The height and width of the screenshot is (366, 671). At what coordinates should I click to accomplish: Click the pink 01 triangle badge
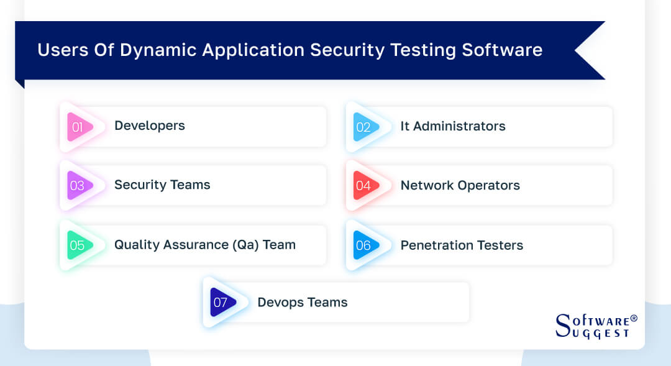[79, 127]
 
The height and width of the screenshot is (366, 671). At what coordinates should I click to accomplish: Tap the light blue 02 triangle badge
[365, 127]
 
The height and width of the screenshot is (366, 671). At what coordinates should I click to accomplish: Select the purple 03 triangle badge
[79, 185]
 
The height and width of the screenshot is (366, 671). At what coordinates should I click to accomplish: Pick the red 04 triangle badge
[365, 185]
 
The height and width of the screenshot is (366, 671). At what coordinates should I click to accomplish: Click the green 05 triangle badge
[79, 245]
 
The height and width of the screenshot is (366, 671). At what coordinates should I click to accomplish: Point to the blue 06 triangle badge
[365, 245]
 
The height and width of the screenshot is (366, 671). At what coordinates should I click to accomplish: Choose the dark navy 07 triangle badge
[222, 302]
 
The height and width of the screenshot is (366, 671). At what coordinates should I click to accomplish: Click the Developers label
[150, 126]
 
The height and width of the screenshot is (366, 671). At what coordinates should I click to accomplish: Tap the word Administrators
[459, 126]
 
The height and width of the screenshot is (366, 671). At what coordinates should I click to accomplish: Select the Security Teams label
[162, 185]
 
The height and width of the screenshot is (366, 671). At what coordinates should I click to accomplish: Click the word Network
[427, 185]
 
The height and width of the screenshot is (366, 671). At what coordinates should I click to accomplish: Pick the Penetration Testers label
[462, 245]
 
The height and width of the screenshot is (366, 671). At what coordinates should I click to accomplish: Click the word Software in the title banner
[502, 50]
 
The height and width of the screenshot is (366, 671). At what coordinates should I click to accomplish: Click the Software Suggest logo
[596, 326]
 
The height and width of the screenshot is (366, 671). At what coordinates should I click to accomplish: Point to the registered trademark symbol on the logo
[634, 318]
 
